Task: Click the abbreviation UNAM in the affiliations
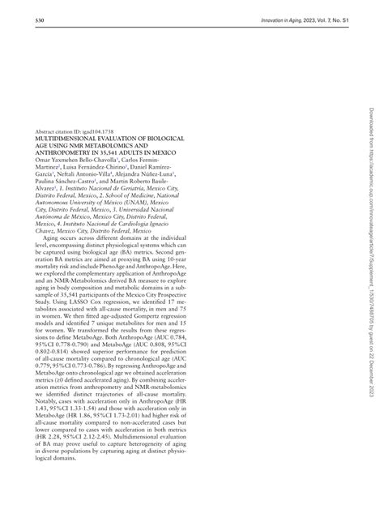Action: [x=143, y=201]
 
